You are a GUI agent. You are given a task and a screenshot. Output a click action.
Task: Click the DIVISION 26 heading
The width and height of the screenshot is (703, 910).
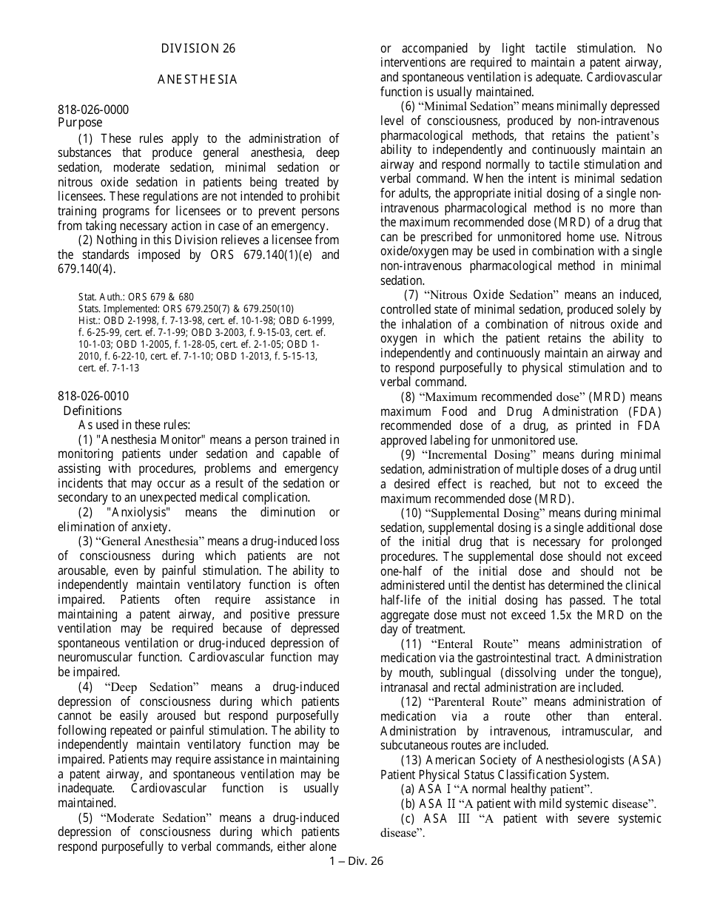198,49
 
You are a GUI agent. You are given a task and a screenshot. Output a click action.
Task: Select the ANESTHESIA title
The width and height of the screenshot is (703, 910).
198,80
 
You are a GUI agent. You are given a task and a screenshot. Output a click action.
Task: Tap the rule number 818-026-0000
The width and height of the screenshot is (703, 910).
93,109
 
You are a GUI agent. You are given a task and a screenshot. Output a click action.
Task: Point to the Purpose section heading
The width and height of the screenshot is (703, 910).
80,123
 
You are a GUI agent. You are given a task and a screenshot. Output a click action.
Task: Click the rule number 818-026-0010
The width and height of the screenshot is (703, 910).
93,397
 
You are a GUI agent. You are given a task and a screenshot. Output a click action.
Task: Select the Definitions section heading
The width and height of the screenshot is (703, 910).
92,411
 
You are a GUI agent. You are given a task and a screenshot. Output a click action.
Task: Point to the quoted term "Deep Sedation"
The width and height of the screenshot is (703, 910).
152,687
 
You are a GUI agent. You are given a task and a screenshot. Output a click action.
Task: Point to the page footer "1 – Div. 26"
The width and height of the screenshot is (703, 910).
356,860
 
